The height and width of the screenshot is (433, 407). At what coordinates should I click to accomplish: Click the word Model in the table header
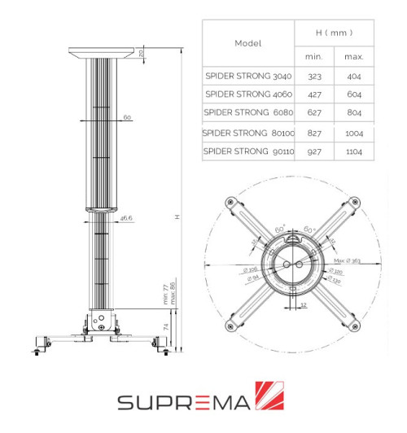pyautogui.click(x=247, y=42)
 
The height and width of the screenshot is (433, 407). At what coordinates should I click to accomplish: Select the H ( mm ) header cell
pyautogui.click(x=334, y=33)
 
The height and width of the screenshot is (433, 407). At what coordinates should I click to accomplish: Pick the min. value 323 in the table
pyautogui.click(x=314, y=75)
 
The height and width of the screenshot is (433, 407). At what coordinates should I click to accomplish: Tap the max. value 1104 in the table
pyautogui.click(x=353, y=151)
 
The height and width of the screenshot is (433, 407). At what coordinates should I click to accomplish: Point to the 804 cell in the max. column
pyautogui.click(x=353, y=112)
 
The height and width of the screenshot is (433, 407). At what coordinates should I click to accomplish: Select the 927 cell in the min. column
pyautogui.click(x=314, y=151)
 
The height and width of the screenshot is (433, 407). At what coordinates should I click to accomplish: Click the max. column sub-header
pyautogui.click(x=353, y=56)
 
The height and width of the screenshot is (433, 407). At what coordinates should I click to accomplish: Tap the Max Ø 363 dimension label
pyautogui.click(x=348, y=260)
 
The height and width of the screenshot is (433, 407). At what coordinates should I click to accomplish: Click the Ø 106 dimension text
pyautogui.click(x=249, y=268)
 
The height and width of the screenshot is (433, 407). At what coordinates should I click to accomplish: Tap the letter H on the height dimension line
pyautogui.click(x=177, y=216)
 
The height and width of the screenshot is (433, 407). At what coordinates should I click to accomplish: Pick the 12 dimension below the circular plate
pyautogui.click(x=303, y=305)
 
